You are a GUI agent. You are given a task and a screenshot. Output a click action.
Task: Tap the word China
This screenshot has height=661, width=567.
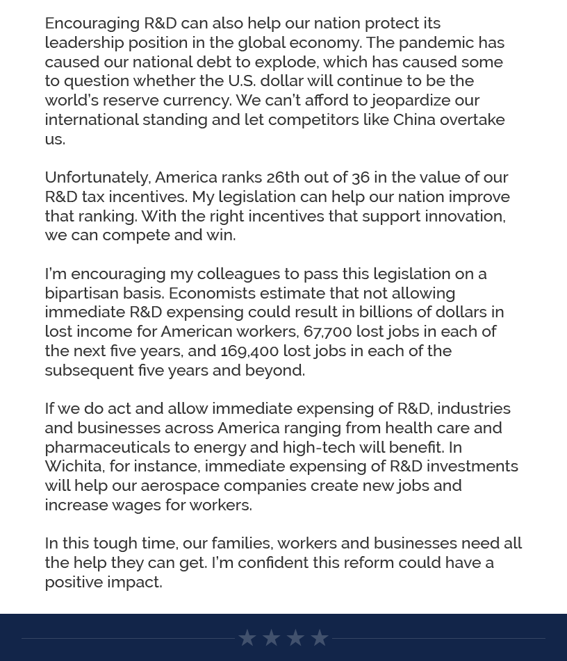414,119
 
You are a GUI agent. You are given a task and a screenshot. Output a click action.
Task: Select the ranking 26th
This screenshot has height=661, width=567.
283,177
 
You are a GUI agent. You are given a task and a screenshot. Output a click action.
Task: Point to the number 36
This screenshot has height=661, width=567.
361,177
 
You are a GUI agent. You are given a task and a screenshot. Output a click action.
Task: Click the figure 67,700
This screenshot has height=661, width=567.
328,331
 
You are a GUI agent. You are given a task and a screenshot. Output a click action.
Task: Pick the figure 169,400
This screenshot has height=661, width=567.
249,351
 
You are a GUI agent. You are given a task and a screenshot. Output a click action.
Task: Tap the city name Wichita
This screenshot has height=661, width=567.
73,466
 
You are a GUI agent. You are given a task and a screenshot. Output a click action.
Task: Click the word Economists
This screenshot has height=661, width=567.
212,293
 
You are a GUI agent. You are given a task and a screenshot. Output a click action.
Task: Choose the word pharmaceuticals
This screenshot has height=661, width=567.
107,447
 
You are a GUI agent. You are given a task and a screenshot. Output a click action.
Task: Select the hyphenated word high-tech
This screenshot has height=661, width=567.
319,447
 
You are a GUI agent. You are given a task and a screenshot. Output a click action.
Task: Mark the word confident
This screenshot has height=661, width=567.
273,562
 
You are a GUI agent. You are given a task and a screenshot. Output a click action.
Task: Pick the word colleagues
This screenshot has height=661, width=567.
238,274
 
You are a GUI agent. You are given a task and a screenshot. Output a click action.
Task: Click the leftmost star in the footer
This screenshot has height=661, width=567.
247,637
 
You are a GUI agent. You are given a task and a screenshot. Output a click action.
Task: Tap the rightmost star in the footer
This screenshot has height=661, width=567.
320,637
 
